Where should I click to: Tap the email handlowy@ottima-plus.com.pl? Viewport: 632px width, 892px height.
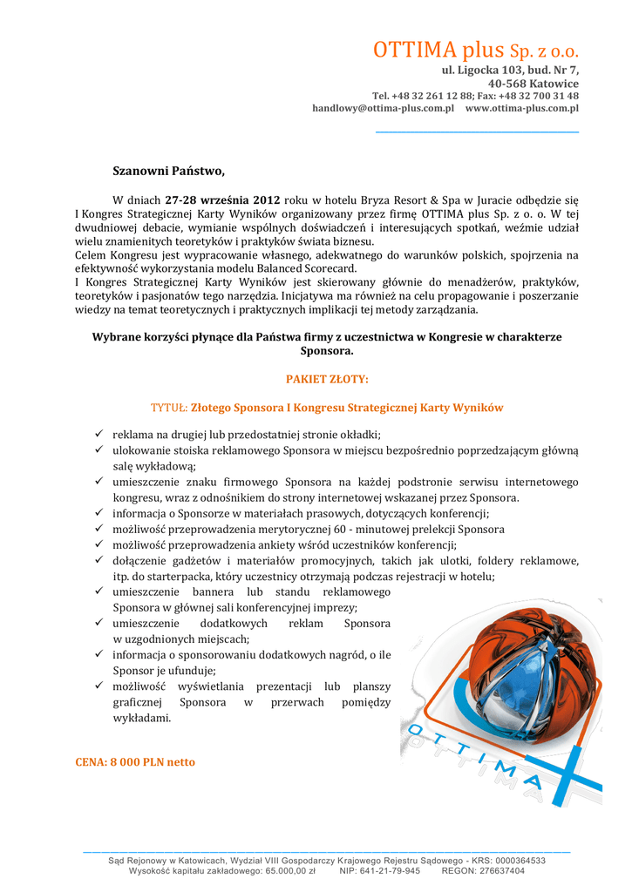pos(383,108)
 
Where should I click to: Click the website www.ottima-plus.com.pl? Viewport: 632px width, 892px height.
pos(522,108)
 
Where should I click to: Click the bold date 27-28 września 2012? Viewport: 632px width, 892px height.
pos(223,199)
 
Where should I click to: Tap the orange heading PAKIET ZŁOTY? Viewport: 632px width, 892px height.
pos(327,379)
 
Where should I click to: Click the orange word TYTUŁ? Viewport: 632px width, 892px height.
pos(169,407)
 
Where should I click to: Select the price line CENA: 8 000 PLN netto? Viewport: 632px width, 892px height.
pos(135,762)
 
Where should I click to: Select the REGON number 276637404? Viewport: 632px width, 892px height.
pos(496,870)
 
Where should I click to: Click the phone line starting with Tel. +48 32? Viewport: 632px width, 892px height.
pos(475,96)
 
